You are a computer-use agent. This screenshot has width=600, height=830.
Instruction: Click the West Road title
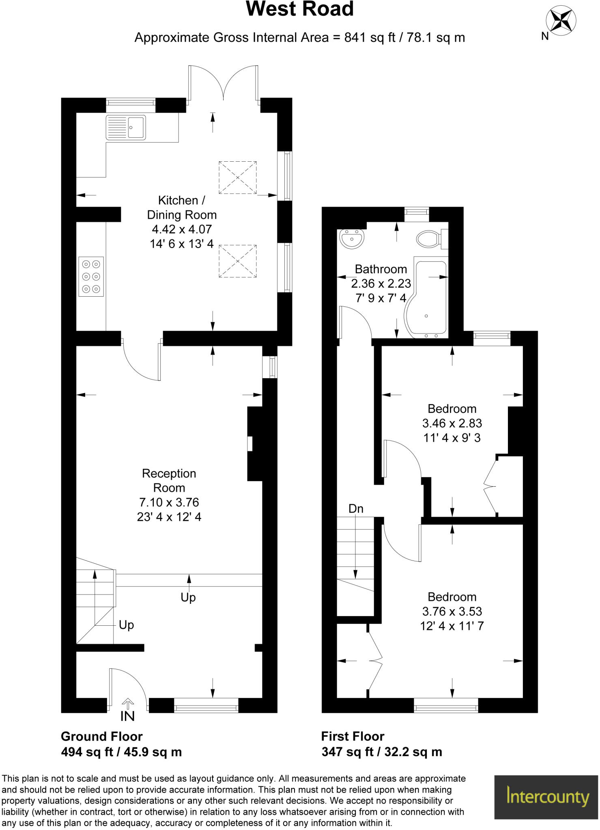(x=300, y=9)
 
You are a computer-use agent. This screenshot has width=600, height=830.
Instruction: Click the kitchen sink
(x=125, y=127)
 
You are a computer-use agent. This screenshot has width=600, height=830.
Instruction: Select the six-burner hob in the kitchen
(x=91, y=276)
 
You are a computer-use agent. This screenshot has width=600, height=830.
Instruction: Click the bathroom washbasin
(x=352, y=239)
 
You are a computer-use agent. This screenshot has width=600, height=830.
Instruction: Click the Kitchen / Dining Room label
(x=181, y=207)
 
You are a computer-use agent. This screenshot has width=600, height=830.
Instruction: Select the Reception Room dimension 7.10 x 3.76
(x=169, y=503)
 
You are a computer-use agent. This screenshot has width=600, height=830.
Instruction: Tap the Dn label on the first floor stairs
(x=356, y=509)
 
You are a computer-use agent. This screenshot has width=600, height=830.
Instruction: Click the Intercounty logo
(x=546, y=797)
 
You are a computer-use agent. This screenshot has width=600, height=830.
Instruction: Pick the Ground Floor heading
(x=101, y=736)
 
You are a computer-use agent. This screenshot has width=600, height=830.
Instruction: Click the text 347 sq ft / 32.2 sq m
(x=381, y=752)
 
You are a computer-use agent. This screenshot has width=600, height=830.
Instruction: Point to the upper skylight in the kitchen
(x=238, y=178)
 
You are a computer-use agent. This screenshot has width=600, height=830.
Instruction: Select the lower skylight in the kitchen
(x=238, y=261)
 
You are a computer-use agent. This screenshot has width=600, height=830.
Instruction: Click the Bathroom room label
(x=381, y=269)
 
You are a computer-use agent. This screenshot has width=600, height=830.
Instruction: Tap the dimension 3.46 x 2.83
(x=452, y=424)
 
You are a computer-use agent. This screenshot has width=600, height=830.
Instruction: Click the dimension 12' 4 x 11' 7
(x=452, y=626)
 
